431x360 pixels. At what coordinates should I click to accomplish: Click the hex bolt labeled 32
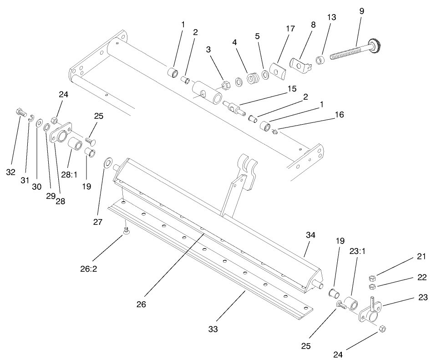[20, 112]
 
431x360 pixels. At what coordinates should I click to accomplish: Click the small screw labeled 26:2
[126, 232]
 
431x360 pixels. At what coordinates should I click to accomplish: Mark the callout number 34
[310, 234]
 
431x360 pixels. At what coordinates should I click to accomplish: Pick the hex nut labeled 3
[224, 84]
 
